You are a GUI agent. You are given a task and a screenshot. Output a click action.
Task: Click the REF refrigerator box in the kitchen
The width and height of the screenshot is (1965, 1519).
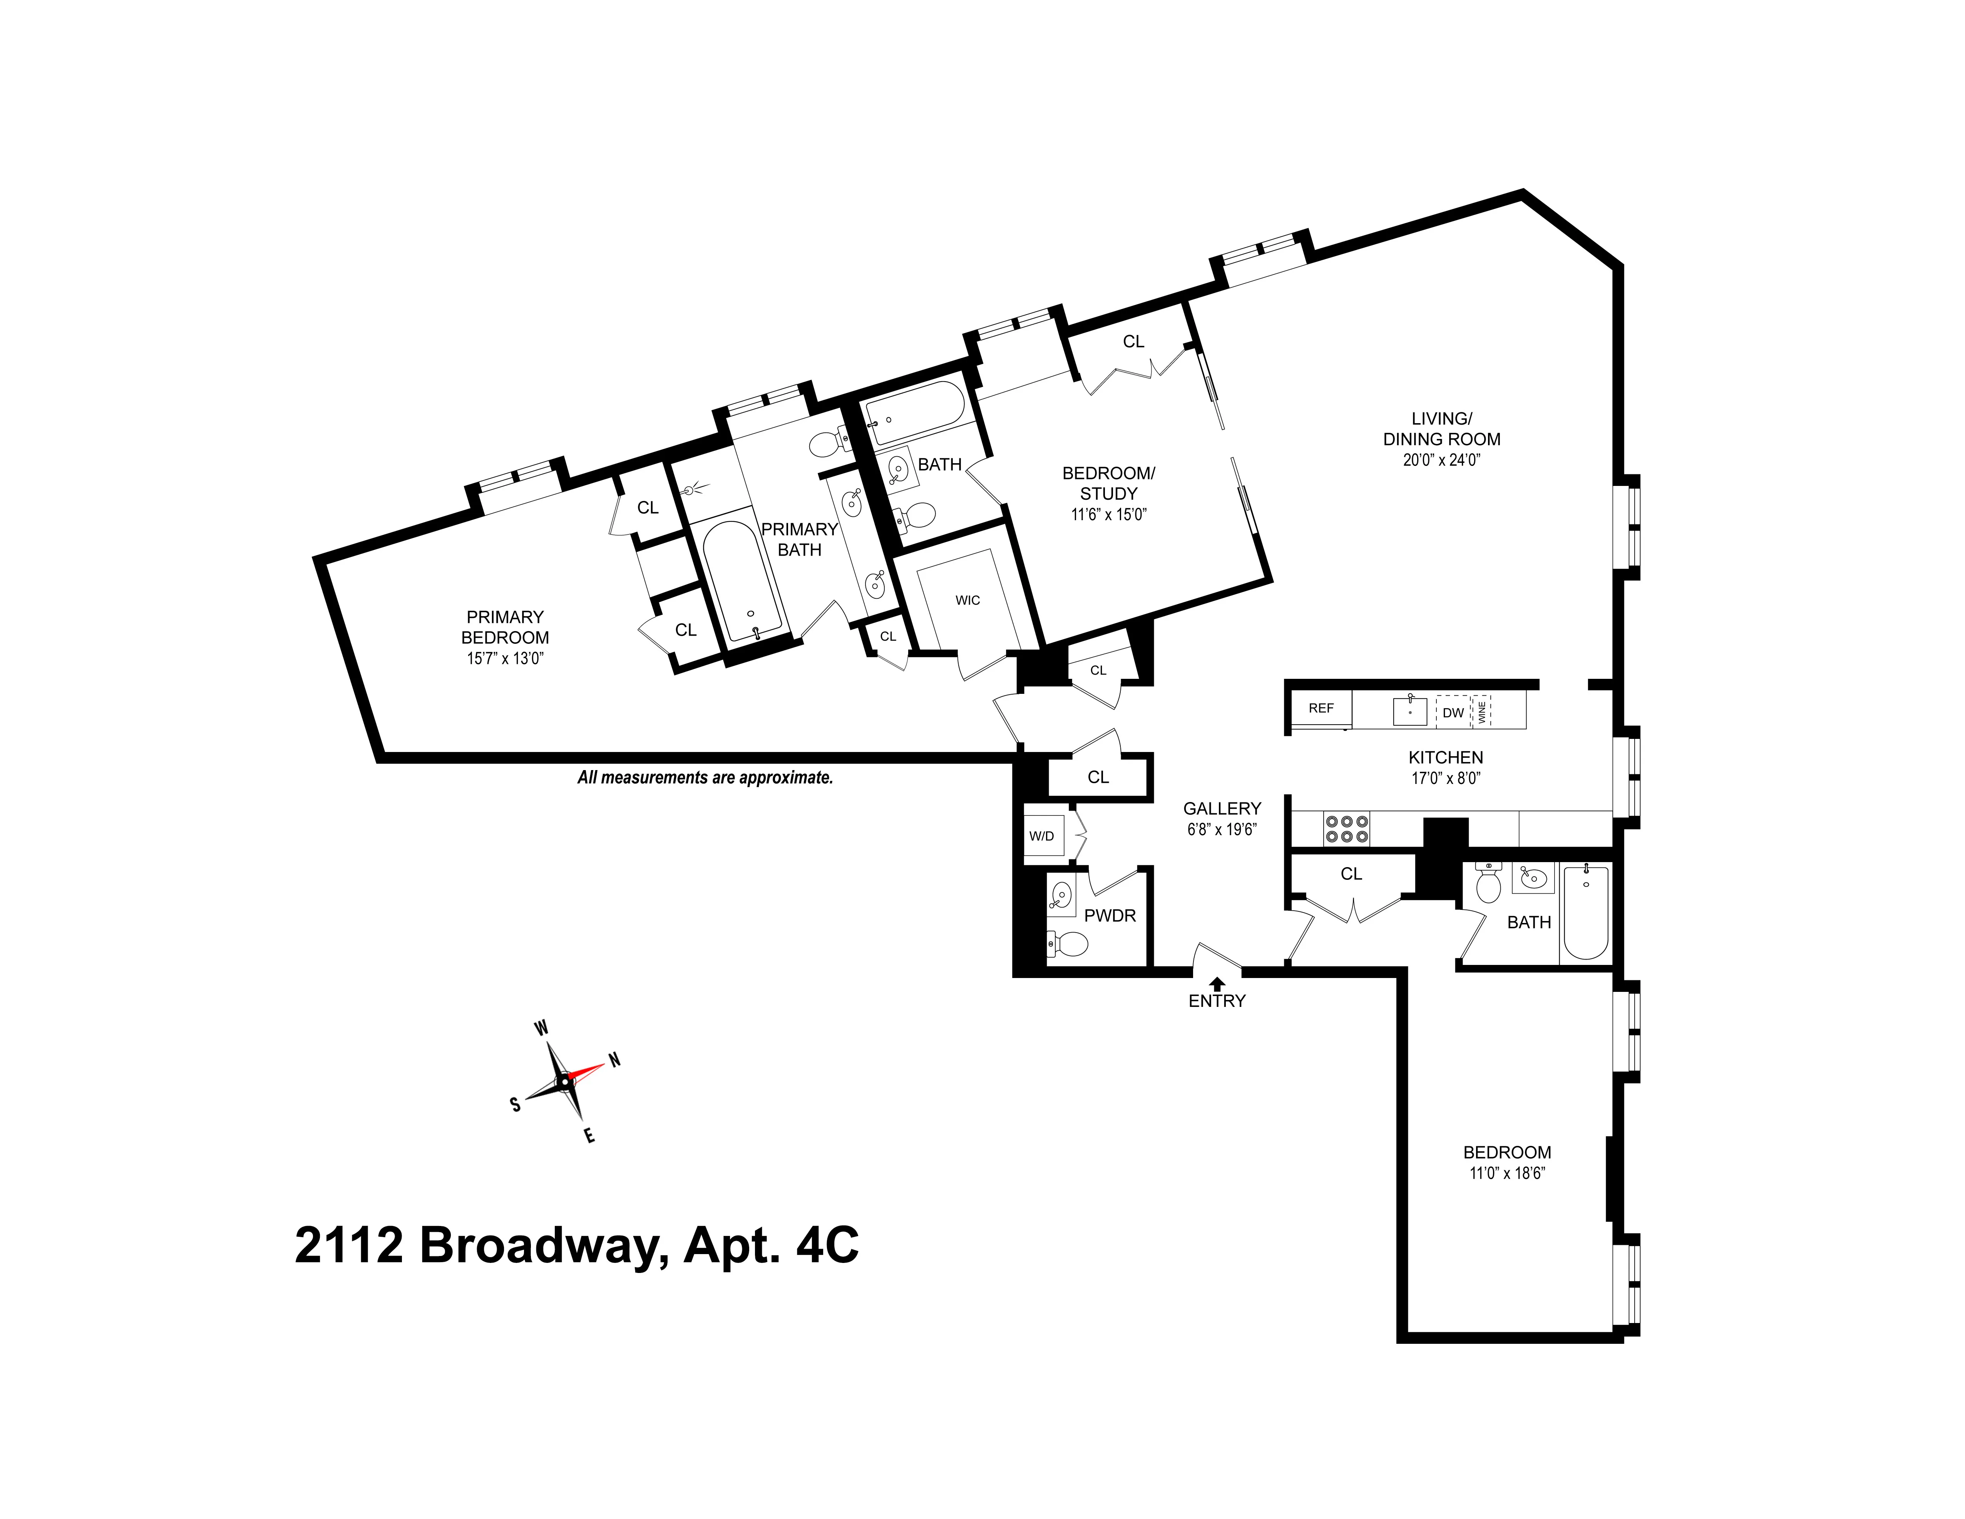point(1321,708)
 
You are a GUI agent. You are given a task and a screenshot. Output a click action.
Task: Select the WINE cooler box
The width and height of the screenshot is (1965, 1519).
point(1481,711)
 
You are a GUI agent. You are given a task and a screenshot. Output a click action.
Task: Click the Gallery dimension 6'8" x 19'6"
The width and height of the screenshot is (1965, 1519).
point(1221,830)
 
